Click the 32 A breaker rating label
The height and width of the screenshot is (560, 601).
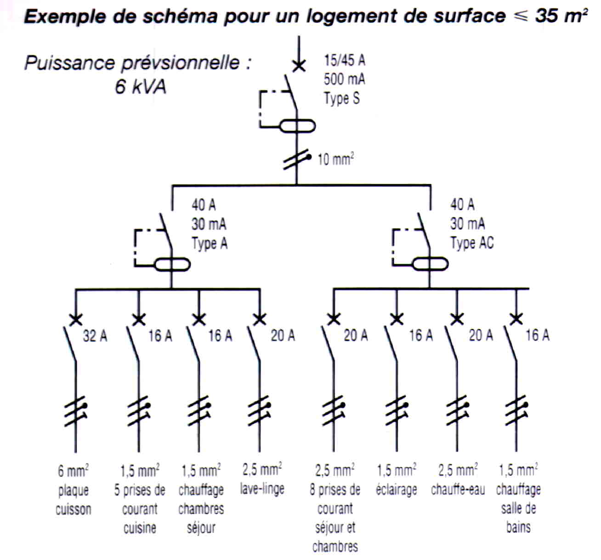click(x=95, y=336)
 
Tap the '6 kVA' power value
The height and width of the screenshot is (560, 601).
click(x=140, y=86)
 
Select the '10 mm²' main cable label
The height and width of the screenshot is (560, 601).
click(x=336, y=159)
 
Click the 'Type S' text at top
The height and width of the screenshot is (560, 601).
click(x=341, y=98)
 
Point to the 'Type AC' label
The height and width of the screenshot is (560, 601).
click(x=472, y=243)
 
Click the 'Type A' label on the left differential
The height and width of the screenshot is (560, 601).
click(x=210, y=243)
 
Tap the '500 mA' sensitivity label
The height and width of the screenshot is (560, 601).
click(x=344, y=79)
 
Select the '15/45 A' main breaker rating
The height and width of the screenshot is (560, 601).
click(x=345, y=60)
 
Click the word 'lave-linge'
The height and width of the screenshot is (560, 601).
click(x=262, y=489)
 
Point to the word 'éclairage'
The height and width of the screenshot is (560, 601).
click(x=397, y=490)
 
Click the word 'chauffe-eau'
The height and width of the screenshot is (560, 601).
click(x=458, y=490)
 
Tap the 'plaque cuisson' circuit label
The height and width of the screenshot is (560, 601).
click(x=74, y=500)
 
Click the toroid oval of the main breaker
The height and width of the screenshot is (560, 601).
click(x=297, y=126)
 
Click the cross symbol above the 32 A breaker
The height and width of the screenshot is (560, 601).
click(x=76, y=318)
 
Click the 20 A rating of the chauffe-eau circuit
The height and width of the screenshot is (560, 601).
click(x=481, y=336)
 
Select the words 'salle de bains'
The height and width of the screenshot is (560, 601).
click(x=518, y=517)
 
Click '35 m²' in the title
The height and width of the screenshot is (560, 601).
click(x=561, y=16)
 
